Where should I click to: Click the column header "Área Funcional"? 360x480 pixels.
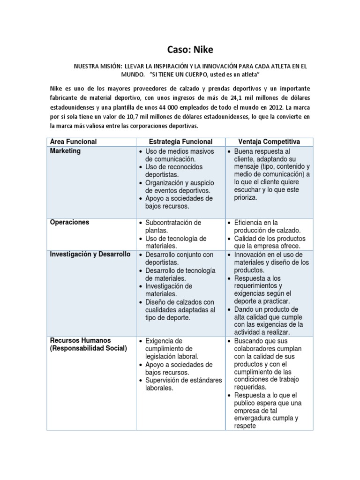(74, 142)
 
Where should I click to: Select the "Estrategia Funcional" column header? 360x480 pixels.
(180, 142)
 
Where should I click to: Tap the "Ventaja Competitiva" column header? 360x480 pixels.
(269, 142)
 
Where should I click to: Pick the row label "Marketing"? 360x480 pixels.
(65, 151)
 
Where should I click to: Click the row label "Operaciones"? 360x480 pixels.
(69, 222)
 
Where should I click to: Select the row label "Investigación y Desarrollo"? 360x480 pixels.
(90, 254)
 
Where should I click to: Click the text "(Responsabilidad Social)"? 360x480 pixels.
(89, 348)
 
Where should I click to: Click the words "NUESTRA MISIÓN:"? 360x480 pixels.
(95, 67)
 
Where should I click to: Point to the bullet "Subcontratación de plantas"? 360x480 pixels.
(173, 226)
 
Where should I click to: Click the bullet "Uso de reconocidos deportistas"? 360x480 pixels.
(173, 171)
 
